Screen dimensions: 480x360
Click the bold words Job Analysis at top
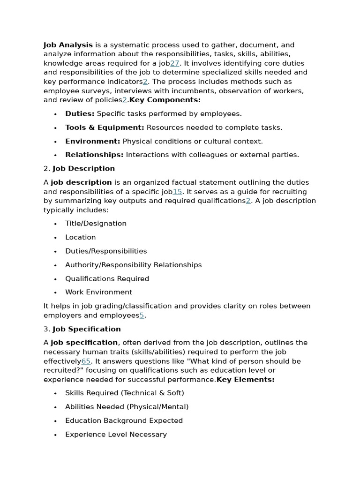pyautogui.click(x=68, y=45)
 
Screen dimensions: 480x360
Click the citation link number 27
pyautogui.click(x=174, y=63)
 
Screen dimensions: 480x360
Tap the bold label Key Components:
pyautogui.click(x=165, y=100)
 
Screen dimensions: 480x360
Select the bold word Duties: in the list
pyautogui.click(x=80, y=113)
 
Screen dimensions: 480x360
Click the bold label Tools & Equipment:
pyautogui.click(x=105, y=127)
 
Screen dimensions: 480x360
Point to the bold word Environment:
pyautogui.click(x=92, y=141)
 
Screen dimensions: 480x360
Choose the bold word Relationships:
pyautogui.click(x=94, y=155)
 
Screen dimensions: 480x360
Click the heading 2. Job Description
pyautogui.click(x=79, y=168)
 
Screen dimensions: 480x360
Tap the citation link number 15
pyautogui.click(x=177, y=192)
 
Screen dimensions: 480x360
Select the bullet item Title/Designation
pyautogui.click(x=96, y=224)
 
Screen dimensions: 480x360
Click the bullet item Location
pyautogui.click(x=80, y=237)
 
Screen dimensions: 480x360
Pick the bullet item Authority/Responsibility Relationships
pyautogui.click(x=133, y=265)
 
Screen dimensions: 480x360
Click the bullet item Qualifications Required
pyautogui.click(x=107, y=278)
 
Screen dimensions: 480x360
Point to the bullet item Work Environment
pyautogui.click(x=98, y=292)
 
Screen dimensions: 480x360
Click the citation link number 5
pyautogui.click(x=142, y=315)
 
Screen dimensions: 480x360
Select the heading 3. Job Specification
pyautogui.click(x=82, y=329)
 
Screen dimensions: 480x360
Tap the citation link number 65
pyautogui.click(x=86, y=361)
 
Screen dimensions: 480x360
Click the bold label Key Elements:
pyautogui.click(x=245, y=380)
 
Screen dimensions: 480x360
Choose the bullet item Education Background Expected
pyautogui.click(x=124, y=420)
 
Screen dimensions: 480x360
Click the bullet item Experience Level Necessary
pyautogui.click(x=116, y=435)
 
